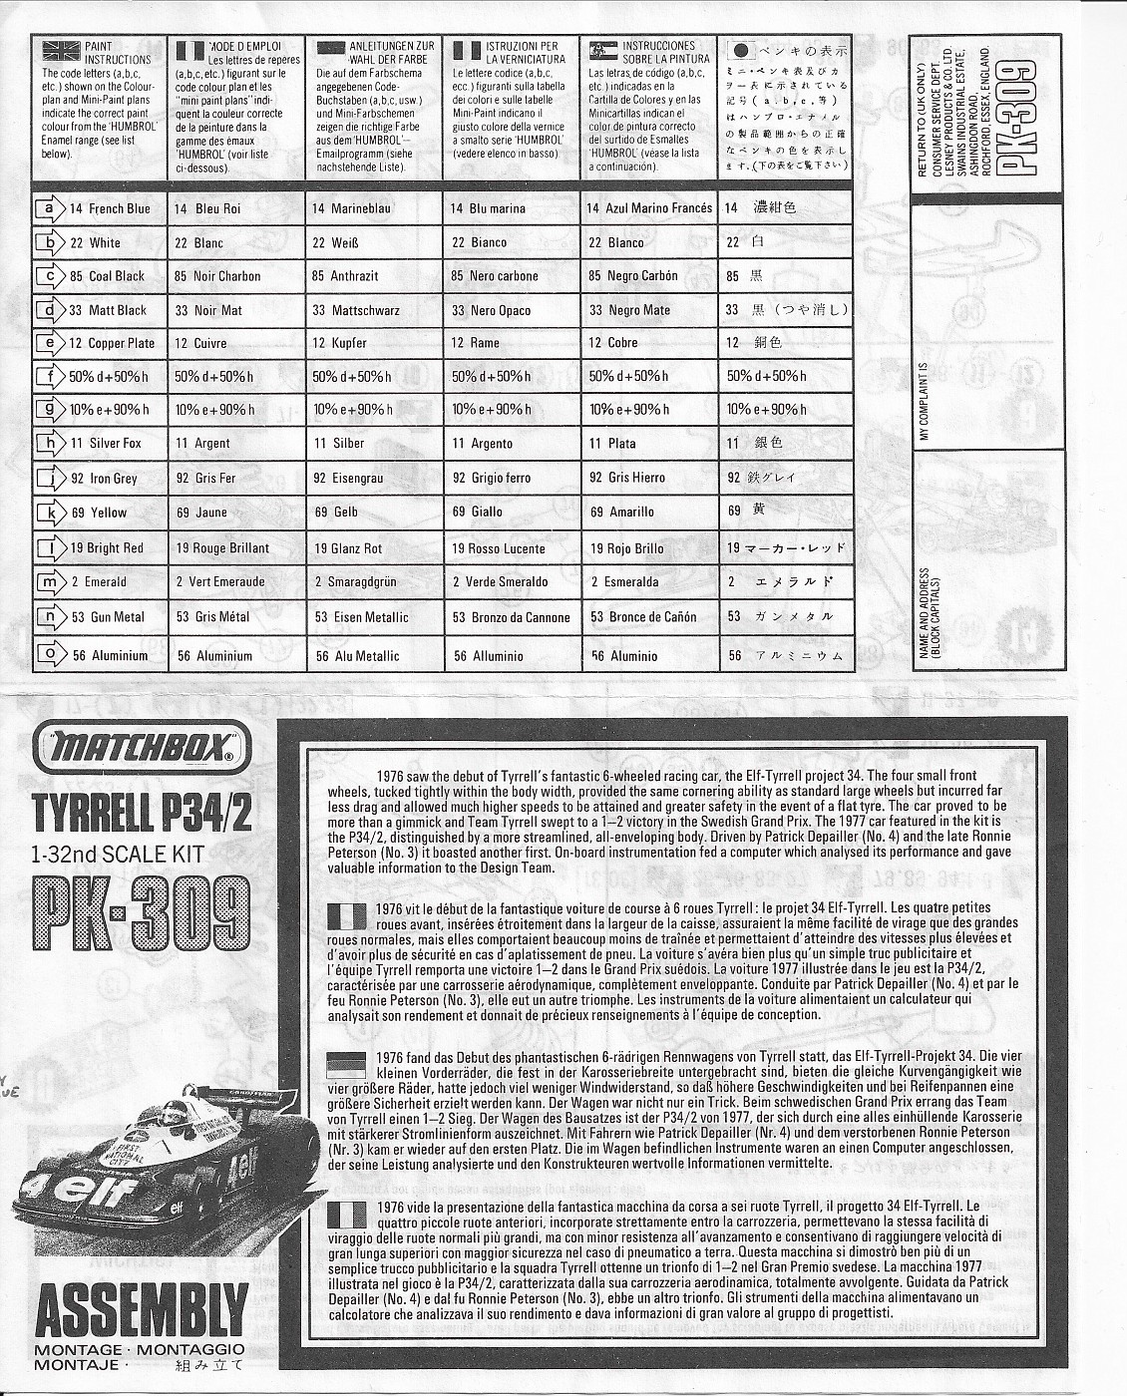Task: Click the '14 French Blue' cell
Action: point(110,208)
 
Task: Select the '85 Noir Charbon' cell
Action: point(217,276)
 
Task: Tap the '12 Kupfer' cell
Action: point(339,343)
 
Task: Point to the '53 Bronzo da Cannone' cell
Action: point(511,617)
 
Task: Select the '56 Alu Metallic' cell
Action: point(357,656)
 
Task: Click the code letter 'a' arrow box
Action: point(49,208)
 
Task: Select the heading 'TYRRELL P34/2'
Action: point(143,813)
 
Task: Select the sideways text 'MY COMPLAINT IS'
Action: point(924,402)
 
